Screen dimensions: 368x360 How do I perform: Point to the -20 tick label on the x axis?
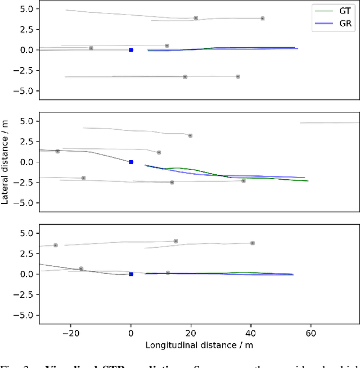click(x=71, y=331)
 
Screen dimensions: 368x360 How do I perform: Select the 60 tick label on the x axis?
click(x=310, y=331)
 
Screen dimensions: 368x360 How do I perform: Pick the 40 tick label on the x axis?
click(x=251, y=331)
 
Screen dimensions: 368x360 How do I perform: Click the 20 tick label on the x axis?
click(x=191, y=331)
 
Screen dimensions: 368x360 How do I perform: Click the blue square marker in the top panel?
click(x=131, y=50)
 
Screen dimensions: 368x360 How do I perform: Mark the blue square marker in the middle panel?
click(x=131, y=162)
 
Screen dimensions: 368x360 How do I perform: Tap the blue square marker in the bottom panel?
click(x=131, y=274)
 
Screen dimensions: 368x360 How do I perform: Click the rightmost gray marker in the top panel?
click(x=262, y=19)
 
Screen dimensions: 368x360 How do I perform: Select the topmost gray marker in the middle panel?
click(x=190, y=135)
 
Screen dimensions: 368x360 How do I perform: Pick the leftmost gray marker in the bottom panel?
click(x=56, y=245)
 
